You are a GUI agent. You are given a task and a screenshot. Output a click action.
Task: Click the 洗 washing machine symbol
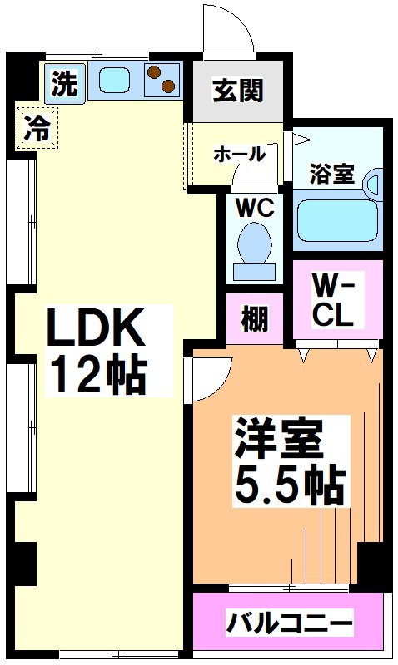tap(64, 83)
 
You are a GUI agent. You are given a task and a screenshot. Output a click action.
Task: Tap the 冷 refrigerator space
tap(37, 128)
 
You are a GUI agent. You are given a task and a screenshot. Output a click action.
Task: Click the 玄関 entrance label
tap(236, 90)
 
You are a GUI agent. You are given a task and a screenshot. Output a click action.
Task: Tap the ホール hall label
tap(239, 154)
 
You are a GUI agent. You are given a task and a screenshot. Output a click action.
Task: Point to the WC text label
tap(254, 208)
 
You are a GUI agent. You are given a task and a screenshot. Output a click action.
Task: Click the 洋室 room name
tap(277, 438)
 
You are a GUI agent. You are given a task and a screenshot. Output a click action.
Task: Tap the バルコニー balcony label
tap(286, 622)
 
